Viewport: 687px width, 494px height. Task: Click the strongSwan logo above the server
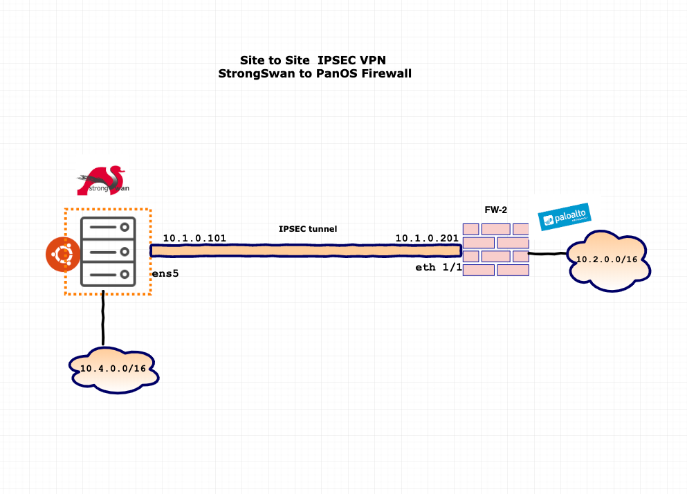(103, 181)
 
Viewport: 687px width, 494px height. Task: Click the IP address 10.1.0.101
(194, 238)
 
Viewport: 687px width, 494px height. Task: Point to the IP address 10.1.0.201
(427, 238)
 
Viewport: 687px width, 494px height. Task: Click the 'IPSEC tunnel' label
(308, 228)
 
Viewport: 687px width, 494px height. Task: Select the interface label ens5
(166, 274)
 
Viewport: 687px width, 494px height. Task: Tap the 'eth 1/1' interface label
(438, 267)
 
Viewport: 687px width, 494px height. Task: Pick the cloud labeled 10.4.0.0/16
(113, 368)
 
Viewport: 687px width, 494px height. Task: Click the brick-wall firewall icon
(495, 249)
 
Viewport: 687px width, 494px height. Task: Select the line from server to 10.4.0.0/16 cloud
(103, 318)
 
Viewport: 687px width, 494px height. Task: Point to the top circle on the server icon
(125, 227)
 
